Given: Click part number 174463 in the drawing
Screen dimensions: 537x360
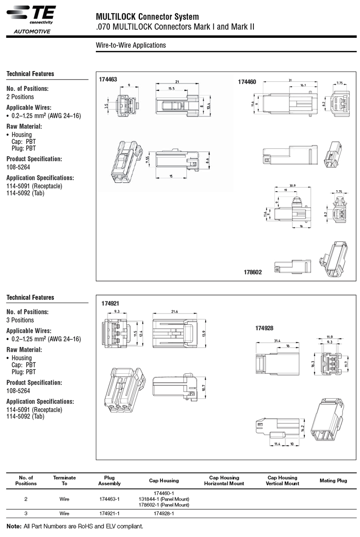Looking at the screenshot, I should point(108,80).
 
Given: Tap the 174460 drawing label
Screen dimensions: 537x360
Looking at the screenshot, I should point(247,82).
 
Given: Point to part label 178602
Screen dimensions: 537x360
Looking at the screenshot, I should point(252,272).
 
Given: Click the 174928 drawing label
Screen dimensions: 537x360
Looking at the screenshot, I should point(264,328).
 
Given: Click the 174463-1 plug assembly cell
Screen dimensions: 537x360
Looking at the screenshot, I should point(109,499).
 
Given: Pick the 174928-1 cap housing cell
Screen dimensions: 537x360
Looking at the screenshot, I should point(164,513).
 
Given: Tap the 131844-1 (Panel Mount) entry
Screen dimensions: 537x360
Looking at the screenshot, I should point(164,499).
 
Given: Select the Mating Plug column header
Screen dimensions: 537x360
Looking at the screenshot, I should point(333,480).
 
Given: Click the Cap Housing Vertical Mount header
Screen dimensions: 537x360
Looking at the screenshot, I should point(283,480).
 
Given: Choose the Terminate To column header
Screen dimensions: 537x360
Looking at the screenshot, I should point(64,480).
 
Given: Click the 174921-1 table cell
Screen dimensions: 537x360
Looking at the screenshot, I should point(109,513).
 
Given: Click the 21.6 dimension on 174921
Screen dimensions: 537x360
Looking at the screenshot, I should point(175,312).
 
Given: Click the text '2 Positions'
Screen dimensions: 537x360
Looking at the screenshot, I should point(20,97).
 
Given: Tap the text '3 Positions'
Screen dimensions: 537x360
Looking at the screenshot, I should point(20,320).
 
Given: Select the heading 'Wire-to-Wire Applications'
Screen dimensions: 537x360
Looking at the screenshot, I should point(131,45).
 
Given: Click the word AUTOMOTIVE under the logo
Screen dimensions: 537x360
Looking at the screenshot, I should point(32,31).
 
